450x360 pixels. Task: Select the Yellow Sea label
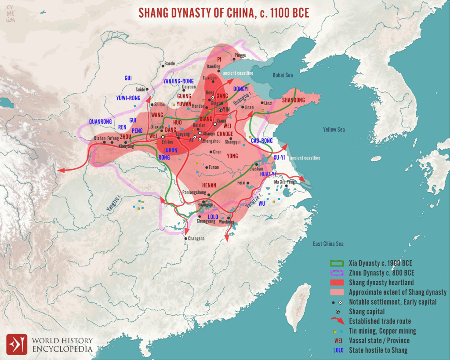pyautogui.click(x=334, y=130)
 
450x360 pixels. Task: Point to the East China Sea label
pyautogui.click(x=328, y=244)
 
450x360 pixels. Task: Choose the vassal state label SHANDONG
pyautogui.click(x=293, y=100)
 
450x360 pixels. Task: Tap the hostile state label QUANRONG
pyautogui.click(x=100, y=121)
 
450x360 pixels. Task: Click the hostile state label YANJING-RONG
pyautogui.click(x=178, y=81)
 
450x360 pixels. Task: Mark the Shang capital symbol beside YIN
pyautogui.click(x=221, y=109)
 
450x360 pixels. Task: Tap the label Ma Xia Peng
pyautogui.click(x=285, y=182)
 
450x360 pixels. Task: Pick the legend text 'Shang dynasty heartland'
pyautogui.click(x=381, y=283)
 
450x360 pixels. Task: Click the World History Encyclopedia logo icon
pyautogui.click(x=16, y=344)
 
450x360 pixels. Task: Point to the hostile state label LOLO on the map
pyautogui.click(x=213, y=217)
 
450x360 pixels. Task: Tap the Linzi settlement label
pyautogui.click(x=268, y=103)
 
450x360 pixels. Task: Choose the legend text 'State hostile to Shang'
pyautogui.click(x=378, y=350)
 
